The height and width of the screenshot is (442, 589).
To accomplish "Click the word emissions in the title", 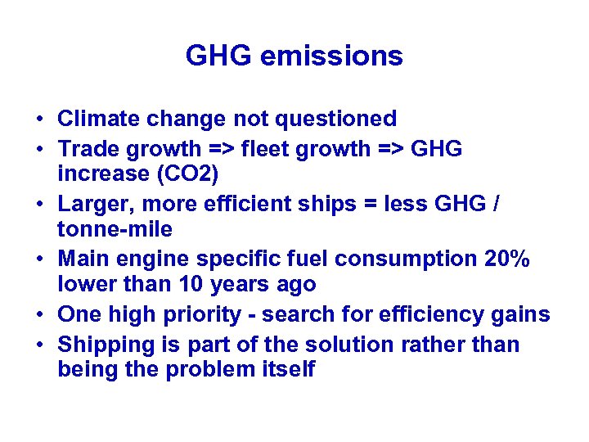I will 339,56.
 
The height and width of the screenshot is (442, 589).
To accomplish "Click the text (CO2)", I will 198,174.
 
